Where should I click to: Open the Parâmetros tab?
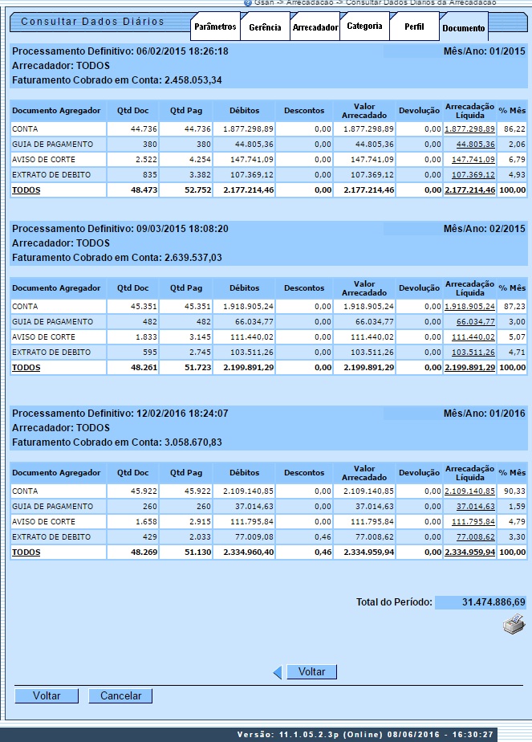click(x=215, y=26)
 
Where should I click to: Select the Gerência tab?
click(x=265, y=27)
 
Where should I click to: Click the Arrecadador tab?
click(x=315, y=27)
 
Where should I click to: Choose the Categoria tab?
click(x=364, y=26)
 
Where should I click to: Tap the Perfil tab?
click(x=414, y=26)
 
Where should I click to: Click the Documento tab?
click(x=463, y=28)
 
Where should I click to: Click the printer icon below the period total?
click(x=514, y=625)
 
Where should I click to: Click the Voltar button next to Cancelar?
click(x=47, y=696)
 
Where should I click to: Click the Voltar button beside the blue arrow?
click(x=311, y=671)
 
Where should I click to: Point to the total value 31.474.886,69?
click(x=493, y=602)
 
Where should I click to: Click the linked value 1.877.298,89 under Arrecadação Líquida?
click(x=469, y=128)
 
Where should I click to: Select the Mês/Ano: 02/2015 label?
click(x=484, y=229)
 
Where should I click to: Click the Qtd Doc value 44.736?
click(x=134, y=128)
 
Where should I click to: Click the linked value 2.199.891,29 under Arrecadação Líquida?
click(x=469, y=368)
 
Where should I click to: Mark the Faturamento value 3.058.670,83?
click(x=193, y=442)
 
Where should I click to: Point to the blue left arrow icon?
click(x=278, y=672)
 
